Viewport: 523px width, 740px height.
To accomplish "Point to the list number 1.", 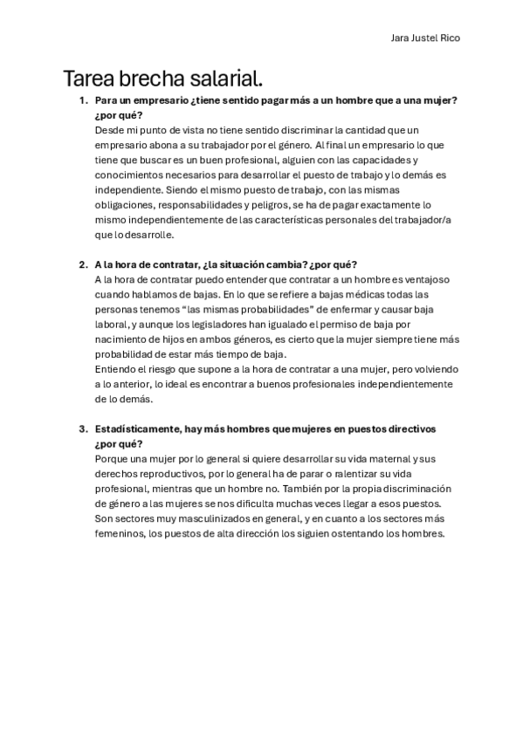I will click(82, 100).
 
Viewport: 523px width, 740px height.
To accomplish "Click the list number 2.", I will click(82, 264).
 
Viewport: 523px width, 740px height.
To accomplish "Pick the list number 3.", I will click(82, 428).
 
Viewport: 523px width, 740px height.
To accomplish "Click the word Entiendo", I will click(116, 369).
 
